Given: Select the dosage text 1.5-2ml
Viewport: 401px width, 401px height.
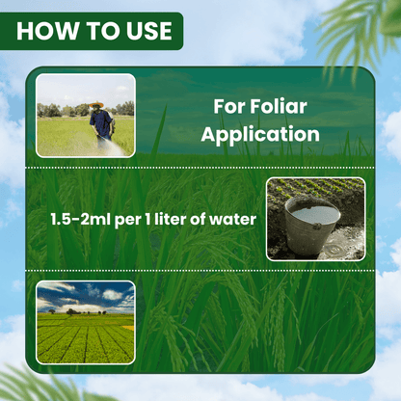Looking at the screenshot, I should [x=81, y=220].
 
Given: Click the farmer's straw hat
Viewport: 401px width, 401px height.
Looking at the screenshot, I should [x=95, y=105].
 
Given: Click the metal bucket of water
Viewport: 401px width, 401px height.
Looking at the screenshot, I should [x=311, y=224].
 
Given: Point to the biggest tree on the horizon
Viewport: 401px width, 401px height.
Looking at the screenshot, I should [x=73, y=310].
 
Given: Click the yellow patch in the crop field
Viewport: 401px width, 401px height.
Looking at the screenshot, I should [x=126, y=329].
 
